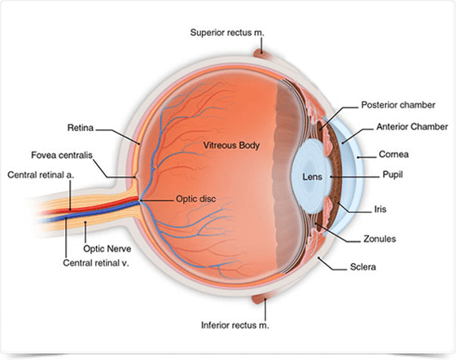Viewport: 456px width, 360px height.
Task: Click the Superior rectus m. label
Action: tap(227, 33)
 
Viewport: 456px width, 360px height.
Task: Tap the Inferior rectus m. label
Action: tap(235, 325)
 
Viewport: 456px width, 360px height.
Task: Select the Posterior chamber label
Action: tap(398, 105)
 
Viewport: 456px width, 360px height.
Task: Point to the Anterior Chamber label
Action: tap(412, 127)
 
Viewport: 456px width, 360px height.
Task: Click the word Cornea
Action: tap(394, 154)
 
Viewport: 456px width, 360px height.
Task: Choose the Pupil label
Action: tap(392, 175)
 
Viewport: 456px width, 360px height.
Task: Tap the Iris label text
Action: tap(380, 209)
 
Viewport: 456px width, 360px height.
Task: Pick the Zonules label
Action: tap(379, 239)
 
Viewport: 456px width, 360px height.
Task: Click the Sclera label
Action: tap(363, 267)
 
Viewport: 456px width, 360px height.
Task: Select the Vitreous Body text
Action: tap(231, 146)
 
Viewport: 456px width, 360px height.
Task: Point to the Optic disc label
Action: tap(196, 199)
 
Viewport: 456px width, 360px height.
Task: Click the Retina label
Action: tap(81, 128)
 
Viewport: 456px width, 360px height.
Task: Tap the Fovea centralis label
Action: tap(62, 155)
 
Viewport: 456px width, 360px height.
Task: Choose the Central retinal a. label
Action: tap(41, 175)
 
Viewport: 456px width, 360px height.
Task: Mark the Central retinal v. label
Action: tap(96, 263)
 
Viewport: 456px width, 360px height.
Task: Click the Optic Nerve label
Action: tap(107, 248)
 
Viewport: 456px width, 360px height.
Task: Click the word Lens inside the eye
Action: tap(313, 177)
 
